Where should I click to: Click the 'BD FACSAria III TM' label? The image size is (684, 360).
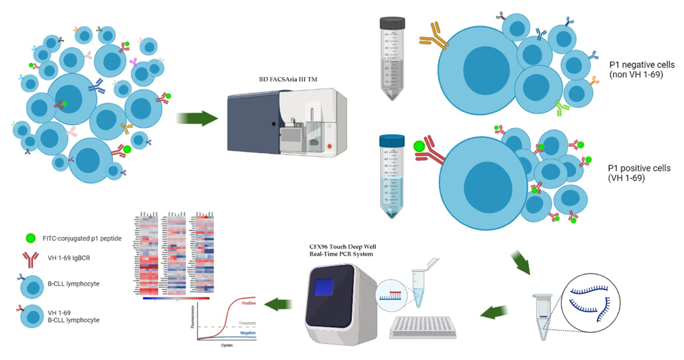[x=288, y=79]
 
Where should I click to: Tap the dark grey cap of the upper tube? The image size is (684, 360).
[x=392, y=23]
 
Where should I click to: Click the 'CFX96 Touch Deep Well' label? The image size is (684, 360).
[x=343, y=247]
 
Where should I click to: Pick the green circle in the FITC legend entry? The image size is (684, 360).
[x=31, y=238]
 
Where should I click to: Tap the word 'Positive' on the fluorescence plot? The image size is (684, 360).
[x=248, y=303]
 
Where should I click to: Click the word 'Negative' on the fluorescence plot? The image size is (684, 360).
[x=248, y=333]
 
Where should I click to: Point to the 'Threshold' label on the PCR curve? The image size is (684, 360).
[x=247, y=323]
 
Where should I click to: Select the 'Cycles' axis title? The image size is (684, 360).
[x=227, y=345]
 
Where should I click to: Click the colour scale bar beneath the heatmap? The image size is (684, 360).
[x=176, y=298]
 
